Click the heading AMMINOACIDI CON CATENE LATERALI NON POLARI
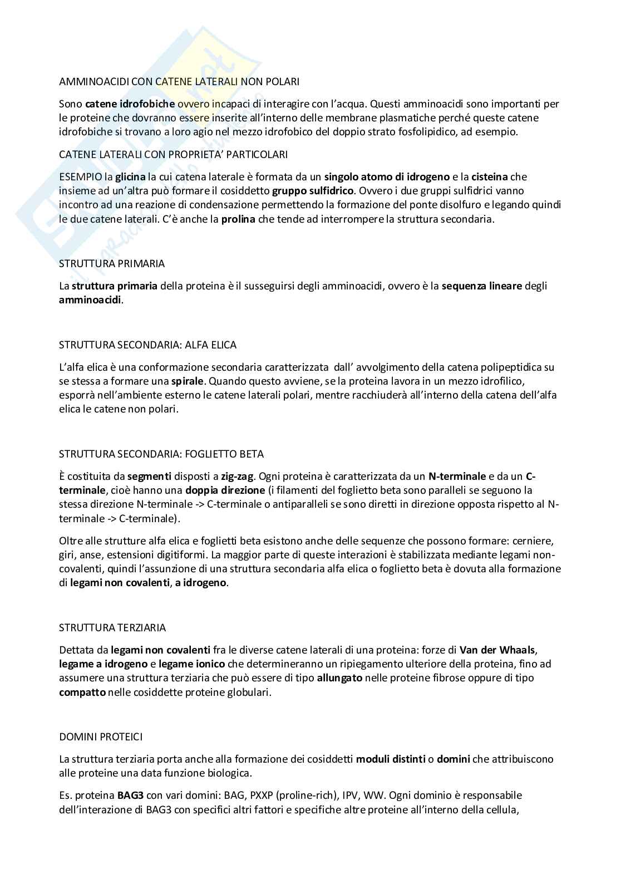(x=179, y=81)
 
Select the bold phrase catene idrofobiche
(x=130, y=104)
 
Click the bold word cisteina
(x=490, y=177)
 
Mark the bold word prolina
(x=238, y=219)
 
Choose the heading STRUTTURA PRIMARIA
(x=112, y=263)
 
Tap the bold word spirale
(x=189, y=381)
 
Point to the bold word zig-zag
(x=237, y=477)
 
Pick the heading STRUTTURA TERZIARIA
(x=112, y=627)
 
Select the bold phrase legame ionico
(x=191, y=664)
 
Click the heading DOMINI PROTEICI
(x=101, y=736)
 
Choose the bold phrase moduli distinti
(x=391, y=759)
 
